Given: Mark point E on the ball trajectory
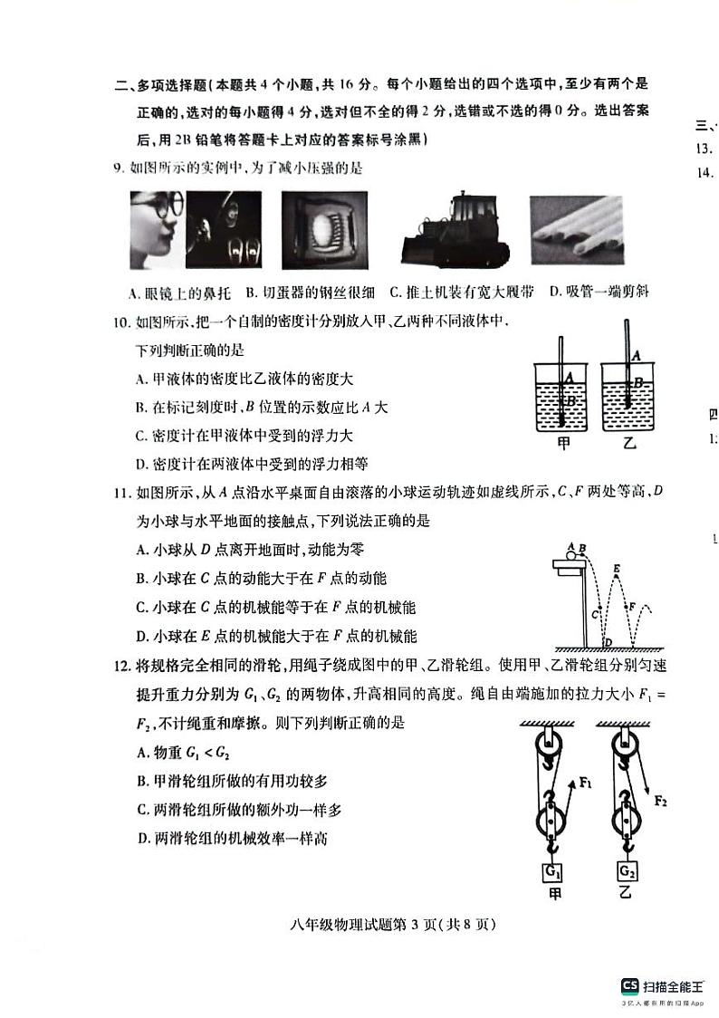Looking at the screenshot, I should click(616, 570).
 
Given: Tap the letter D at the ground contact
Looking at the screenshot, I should click(608, 642).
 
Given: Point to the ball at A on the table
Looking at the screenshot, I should click(570, 548).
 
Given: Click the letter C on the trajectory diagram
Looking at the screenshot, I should click(595, 614).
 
